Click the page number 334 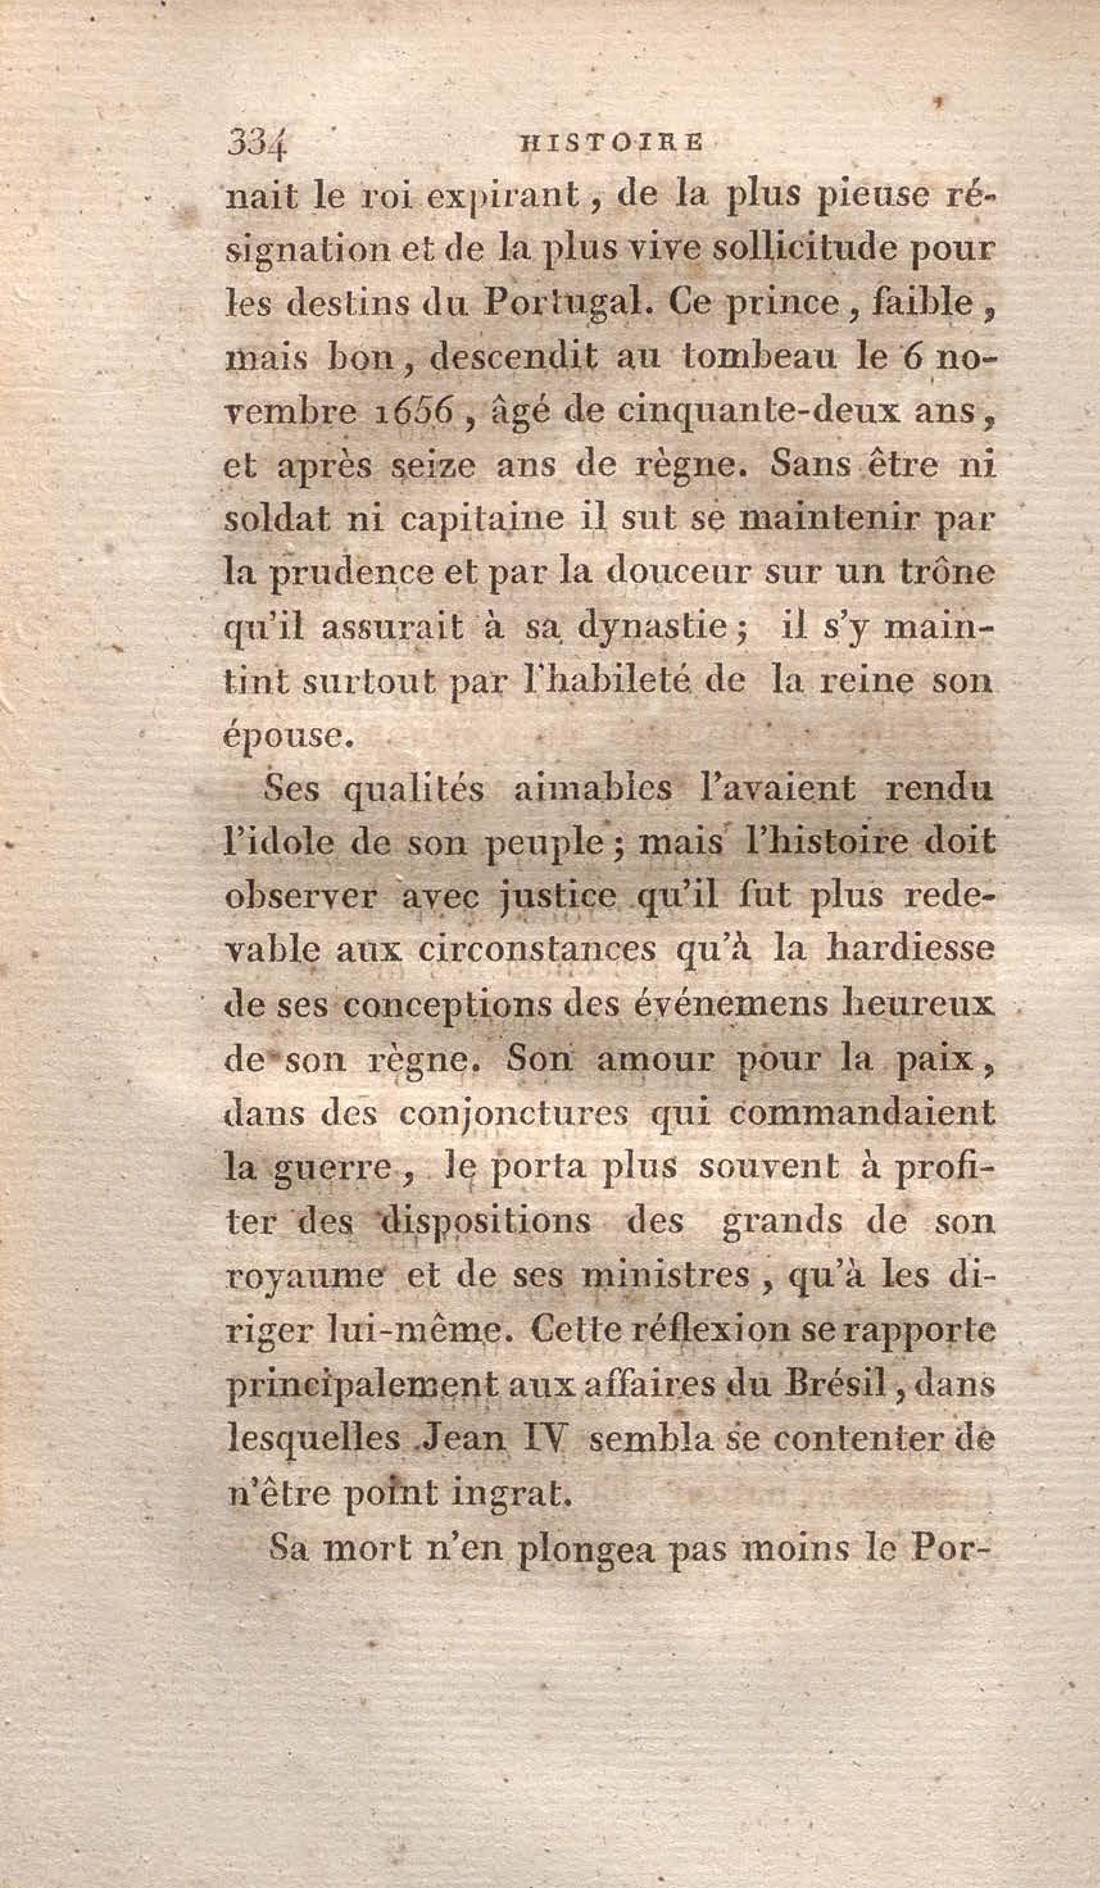tap(257, 142)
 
